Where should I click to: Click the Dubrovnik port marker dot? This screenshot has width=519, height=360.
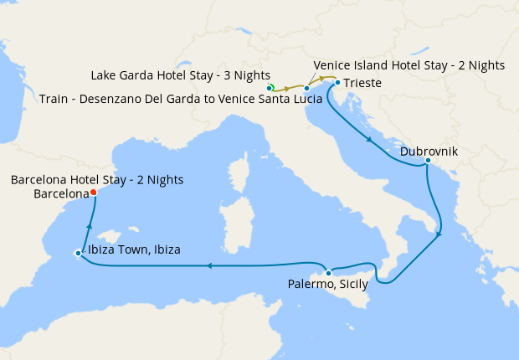428,161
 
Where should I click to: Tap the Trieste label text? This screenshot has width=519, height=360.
362,84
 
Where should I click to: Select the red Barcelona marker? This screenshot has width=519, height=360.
93,193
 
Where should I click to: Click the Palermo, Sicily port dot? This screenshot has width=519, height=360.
329,273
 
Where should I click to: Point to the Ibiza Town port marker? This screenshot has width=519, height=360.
77,252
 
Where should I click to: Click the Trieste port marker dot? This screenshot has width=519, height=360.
337,83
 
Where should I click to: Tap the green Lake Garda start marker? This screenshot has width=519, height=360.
271,87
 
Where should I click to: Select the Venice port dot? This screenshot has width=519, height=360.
307,88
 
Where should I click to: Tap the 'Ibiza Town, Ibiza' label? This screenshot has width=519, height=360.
132,249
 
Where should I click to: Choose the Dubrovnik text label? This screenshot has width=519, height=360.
428,152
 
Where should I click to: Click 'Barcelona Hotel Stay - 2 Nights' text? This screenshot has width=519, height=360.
97,179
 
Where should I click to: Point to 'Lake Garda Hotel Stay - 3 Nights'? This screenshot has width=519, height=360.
179,75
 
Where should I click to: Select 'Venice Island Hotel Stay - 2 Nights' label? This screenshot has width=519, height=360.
409,64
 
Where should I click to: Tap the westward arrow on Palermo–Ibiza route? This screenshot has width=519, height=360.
210,266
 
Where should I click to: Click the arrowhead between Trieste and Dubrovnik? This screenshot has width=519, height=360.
368,139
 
